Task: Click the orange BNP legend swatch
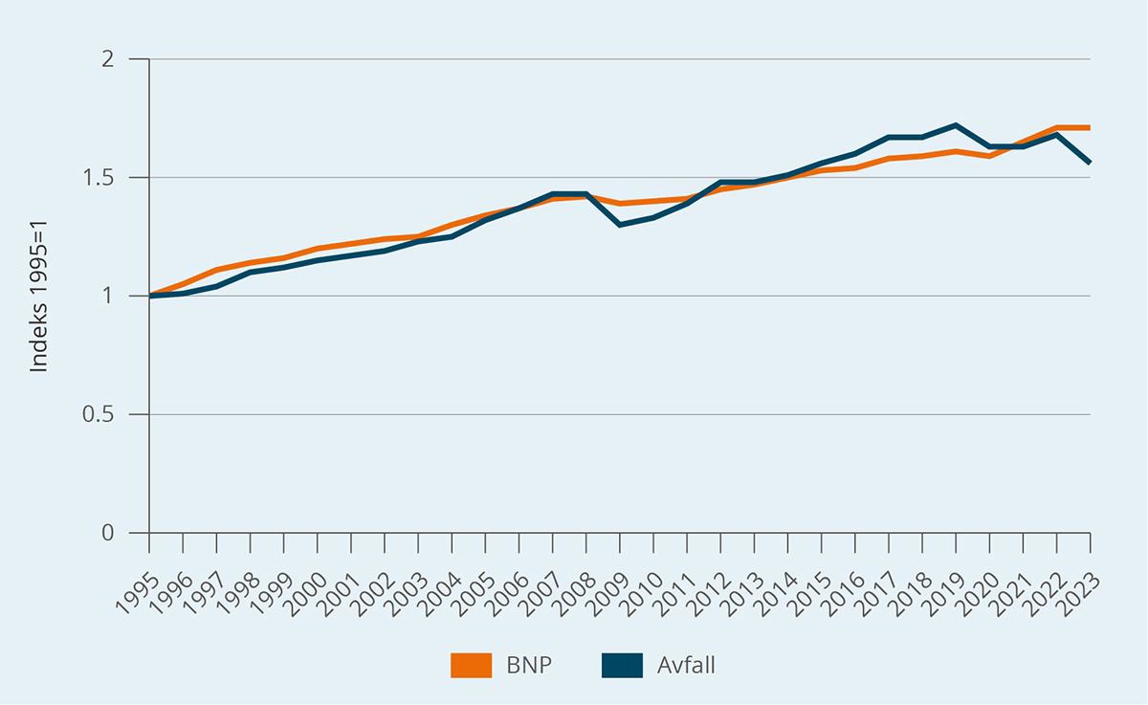[x=470, y=665]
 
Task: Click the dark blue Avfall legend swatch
[x=622, y=665]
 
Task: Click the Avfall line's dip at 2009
[x=620, y=225]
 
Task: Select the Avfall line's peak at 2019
[x=956, y=125]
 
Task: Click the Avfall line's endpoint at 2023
[x=1090, y=163]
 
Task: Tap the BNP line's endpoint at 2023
[x=1090, y=127]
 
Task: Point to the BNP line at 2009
[x=620, y=204]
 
